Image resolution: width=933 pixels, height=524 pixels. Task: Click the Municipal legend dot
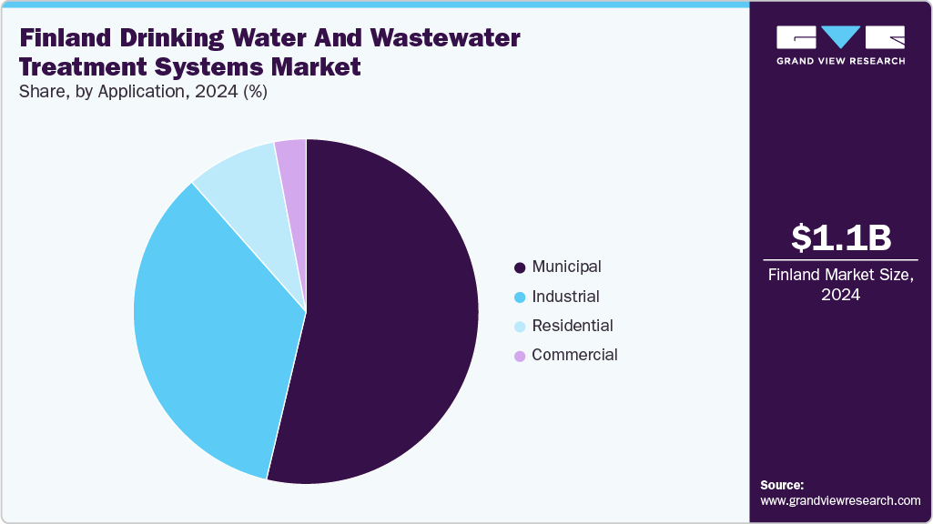(520, 267)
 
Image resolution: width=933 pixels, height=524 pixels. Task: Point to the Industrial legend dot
(520, 297)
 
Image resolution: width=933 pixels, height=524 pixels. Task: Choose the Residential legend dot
(520, 327)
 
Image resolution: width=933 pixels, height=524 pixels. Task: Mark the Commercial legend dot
(520, 356)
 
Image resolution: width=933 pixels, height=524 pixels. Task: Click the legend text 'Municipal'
(566, 267)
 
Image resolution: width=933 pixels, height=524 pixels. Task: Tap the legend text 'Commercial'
(574, 355)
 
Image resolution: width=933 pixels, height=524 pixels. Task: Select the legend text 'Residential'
(572, 326)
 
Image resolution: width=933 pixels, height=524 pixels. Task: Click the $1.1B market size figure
(840, 238)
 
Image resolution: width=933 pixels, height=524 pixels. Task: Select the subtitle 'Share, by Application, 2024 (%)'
(142, 92)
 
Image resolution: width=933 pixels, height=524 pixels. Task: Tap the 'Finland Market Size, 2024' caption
(840, 285)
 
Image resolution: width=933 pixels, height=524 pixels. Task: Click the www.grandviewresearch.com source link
(840, 500)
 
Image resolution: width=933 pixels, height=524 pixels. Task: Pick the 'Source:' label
(782, 485)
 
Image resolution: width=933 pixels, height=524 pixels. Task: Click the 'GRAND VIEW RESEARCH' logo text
(840, 61)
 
